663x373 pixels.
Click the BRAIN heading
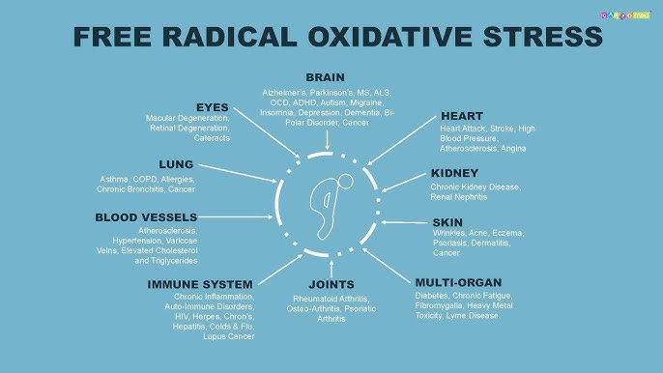tap(325, 76)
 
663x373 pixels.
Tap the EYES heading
tap(212, 105)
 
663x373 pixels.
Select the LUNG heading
tap(178, 164)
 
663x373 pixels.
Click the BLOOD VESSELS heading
tap(146, 217)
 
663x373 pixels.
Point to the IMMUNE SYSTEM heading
tap(201, 284)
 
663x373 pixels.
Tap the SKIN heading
tap(448, 222)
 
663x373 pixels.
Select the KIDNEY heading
tap(455, 173)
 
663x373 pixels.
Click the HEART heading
tap(462, 116)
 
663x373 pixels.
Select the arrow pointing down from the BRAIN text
tap(328, 139)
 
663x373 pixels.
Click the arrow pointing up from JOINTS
tap(331, 266)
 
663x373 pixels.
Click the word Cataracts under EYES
tap(211, 138)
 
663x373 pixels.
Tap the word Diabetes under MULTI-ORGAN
tap(431, 295)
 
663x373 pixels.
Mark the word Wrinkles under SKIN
tap(448, 234)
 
